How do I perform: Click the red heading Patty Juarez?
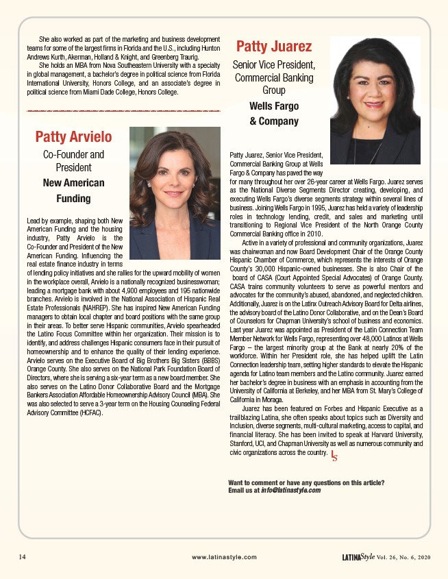pyautogui.click(x=273, y=47)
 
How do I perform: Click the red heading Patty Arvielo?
pyautogui.click(x=73, y=137)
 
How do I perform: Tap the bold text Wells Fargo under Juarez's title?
pyautogui.click(x=274, y=106)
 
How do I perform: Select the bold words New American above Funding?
pyautogui.click(x=73, y=183)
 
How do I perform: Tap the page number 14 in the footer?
pyautogui.click(x=23, y=557)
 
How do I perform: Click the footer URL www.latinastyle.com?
pyautogui.click(x=224, y=557)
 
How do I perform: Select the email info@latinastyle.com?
pyautogui.click(x=290, y=490)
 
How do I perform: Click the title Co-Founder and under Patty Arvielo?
pyautogui.click(x=73, y=155)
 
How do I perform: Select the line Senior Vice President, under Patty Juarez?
pyautogui.click(x=273, y=65)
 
